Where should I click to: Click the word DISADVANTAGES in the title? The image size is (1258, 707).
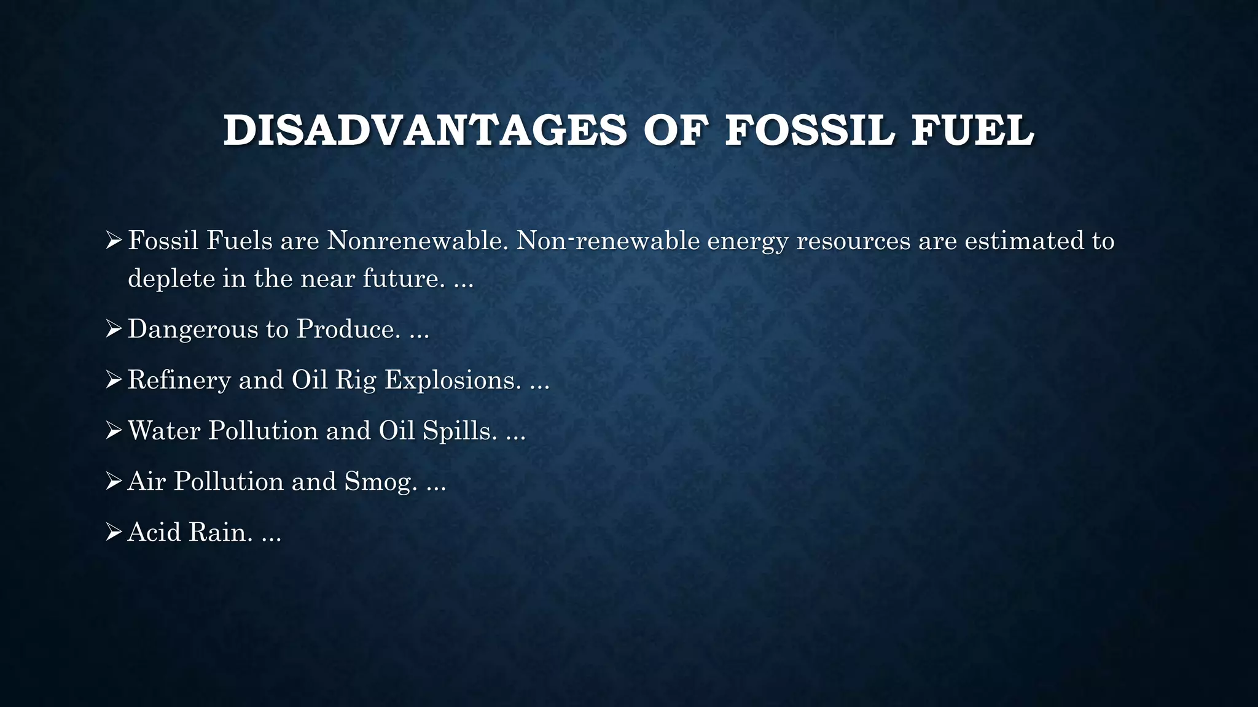[425, 131]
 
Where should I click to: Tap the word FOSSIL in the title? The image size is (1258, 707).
[810, 131]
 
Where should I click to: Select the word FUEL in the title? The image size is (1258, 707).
[972, 131]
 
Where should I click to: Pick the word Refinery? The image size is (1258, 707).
[179, 380]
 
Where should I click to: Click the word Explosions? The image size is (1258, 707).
[453, 380]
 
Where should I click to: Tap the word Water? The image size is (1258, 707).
[164, 430]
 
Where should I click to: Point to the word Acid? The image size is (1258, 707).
[154, 532]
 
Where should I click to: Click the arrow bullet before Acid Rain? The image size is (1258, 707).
[114, 532]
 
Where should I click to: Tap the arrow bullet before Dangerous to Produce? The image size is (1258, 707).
[114, 330]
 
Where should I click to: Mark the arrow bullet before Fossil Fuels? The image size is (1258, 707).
[114, 240]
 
